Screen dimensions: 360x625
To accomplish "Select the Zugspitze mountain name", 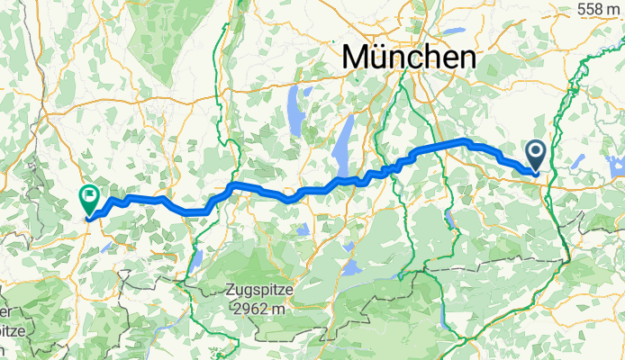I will [267, 292].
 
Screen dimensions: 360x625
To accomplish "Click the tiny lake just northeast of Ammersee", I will [309, 90].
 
